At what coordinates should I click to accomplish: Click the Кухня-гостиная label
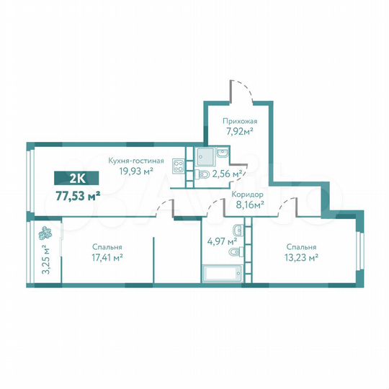pos(136,161)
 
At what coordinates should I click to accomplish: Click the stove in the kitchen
pos(179,165)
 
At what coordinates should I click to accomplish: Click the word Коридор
pos(247,194)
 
